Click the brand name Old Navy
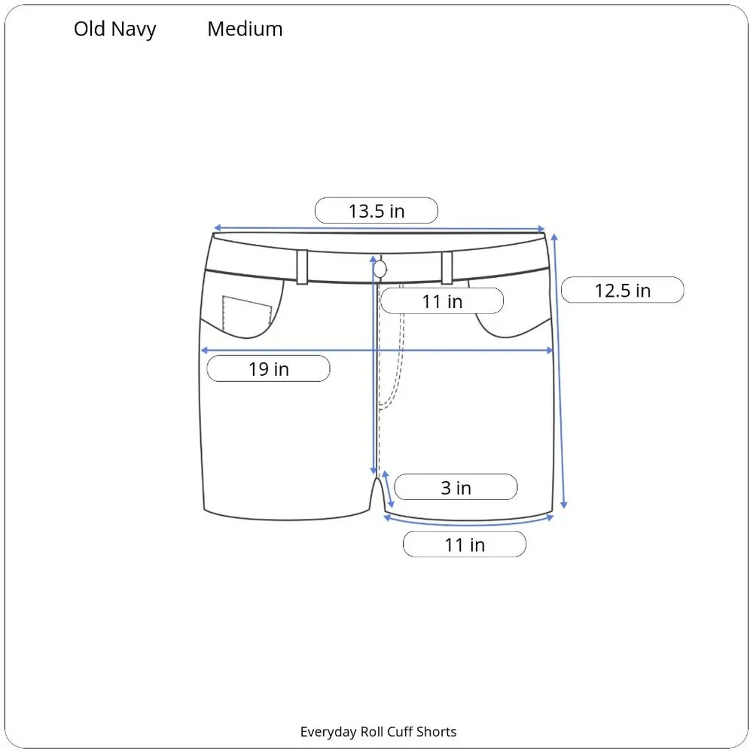coord(115,29)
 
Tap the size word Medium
coord(245,29)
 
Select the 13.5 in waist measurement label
coord(376,211)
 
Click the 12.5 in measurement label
coord(622,290)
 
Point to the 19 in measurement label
coord(268,369)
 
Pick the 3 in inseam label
coord(456,487)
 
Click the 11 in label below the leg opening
coord(464,544)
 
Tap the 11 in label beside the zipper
coord(441,301)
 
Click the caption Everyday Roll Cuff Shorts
coord(378,731)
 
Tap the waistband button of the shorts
coord(381,268)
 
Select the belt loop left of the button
coord(303,267)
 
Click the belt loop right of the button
coord(447,267)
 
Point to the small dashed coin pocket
coord(247,314)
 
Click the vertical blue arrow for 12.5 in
coord(559,369)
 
